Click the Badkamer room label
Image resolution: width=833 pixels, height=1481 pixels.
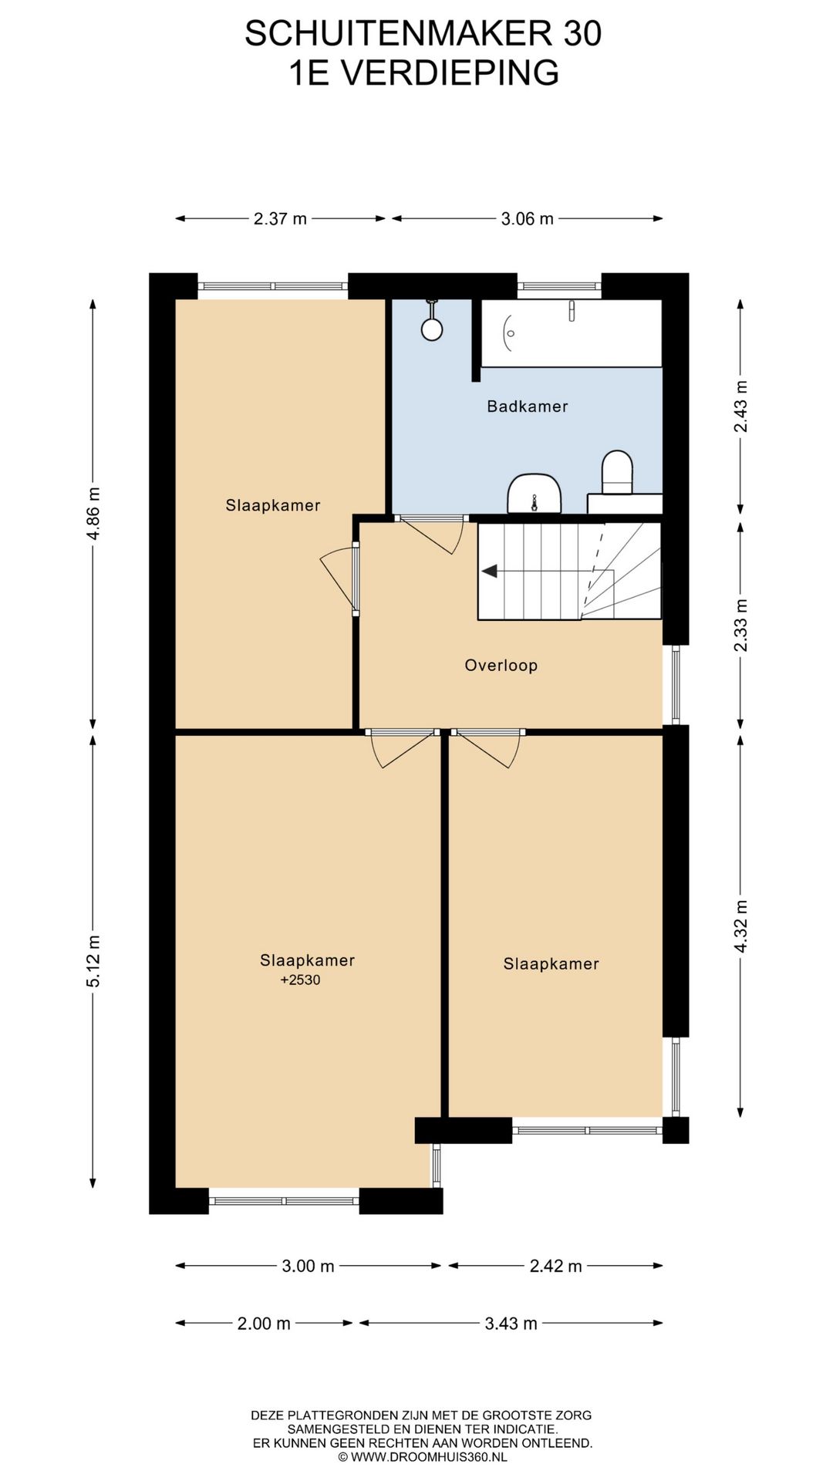527,407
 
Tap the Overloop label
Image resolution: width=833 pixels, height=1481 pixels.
501,666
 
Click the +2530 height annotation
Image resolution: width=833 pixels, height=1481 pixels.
300,980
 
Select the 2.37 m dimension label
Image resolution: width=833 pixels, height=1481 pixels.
280,219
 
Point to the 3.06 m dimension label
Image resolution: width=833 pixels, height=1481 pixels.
527,219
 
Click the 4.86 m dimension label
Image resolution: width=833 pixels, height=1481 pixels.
93,514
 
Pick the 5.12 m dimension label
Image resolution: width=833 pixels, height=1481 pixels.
93,961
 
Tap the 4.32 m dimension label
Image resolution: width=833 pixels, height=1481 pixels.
741,926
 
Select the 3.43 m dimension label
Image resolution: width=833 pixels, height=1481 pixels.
511,1324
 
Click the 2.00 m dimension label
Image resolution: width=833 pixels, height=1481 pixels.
264,1324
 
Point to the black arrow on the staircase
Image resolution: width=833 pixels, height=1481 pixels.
490,572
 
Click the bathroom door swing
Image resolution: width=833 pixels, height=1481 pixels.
432,533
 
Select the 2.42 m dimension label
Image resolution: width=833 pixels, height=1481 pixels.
555,1267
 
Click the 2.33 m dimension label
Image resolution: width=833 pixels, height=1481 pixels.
741,625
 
